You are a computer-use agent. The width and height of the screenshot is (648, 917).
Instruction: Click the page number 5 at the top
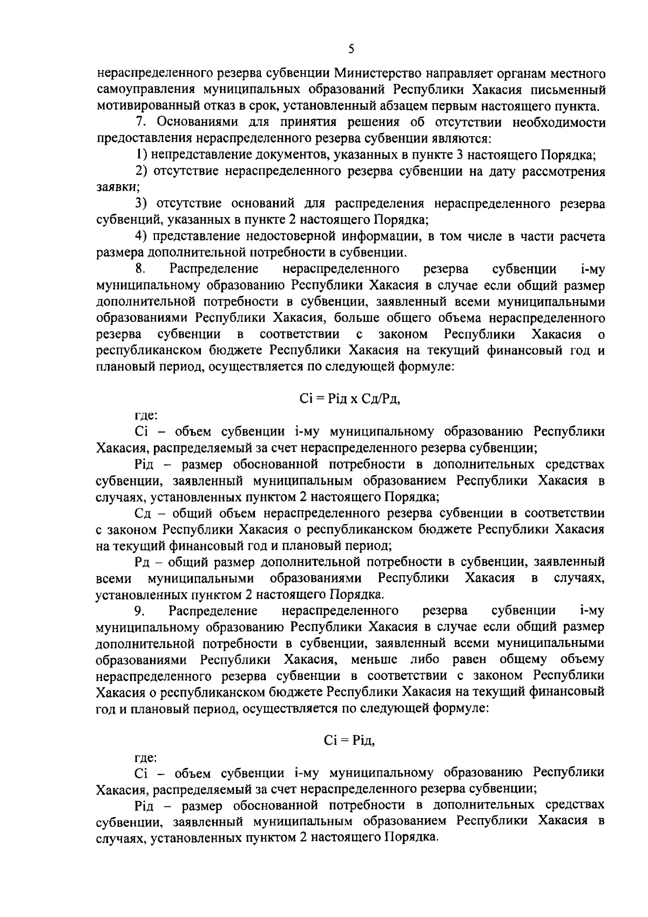click(x=351, y=50)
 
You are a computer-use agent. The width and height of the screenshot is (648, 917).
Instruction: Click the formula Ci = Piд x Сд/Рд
click(x=350, y=399)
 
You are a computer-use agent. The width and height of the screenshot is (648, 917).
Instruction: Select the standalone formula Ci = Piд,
click(x=349, y=740)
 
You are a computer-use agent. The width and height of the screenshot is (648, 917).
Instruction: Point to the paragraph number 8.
click(x=139, y=268)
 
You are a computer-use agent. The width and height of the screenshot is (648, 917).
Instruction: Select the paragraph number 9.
click(x=139, y=611)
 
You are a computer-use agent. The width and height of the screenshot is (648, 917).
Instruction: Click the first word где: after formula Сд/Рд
click(x=146, y=415)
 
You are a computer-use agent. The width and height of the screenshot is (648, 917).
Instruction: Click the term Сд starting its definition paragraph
click(x=145, y=513)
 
